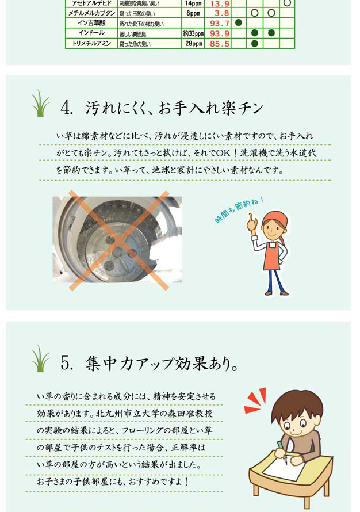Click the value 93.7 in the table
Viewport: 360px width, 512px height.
click(x=219, y=24)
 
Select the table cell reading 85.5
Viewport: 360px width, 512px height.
click(x=219, y=44)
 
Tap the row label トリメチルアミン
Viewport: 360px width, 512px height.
click(x=91, y=43)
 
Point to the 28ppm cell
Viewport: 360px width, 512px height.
click(x=193, y=43)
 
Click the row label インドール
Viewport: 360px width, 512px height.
click(x=91, y=33)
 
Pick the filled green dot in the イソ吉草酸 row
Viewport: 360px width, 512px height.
click(x=239, y=23)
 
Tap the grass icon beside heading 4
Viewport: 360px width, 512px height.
click(x=40, y=103)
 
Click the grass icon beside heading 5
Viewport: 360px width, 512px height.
click(x=40, y=358)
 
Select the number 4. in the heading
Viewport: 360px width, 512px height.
click(x=67, y=108)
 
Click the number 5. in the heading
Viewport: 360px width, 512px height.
click(x=67, y=363)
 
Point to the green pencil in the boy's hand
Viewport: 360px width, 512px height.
click(x=282, y=452)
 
